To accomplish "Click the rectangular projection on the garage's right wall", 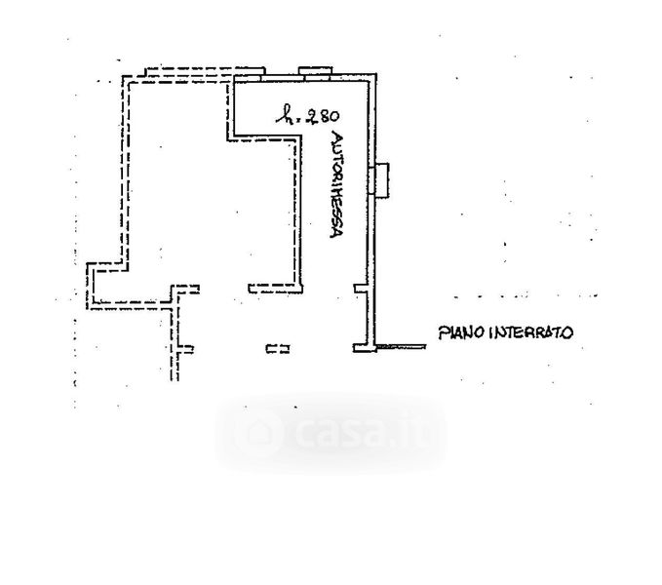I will click(x=383, y=179).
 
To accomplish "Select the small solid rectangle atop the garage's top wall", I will click(x=316, y=71).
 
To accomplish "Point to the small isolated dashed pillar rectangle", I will click(x=278, y=348).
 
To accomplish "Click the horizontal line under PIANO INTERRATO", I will click(x=402, y=346).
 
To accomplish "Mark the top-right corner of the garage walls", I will click(x=372, y=76).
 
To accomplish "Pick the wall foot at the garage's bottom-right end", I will click(x=363, y=348).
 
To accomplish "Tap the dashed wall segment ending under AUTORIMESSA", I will click(x=276, y=288).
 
